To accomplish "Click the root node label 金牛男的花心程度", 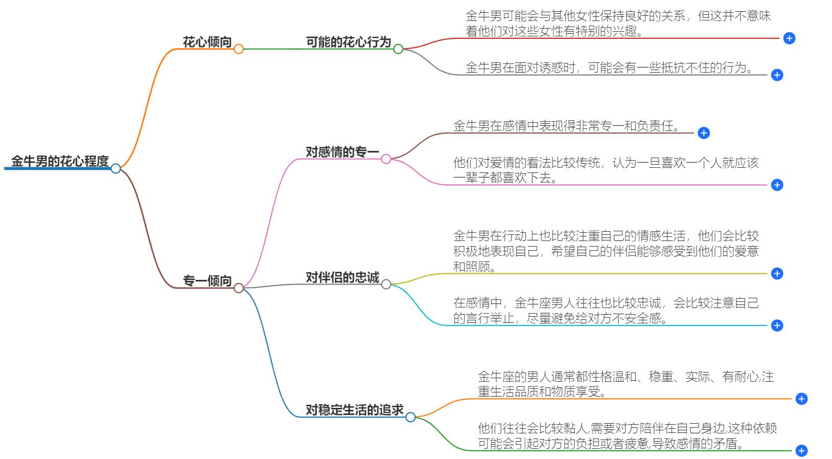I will coord(60,161).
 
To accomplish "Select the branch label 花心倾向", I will coord(207,42).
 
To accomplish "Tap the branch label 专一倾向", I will coord(207,281).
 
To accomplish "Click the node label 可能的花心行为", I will coord(348,42).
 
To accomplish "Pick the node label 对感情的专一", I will coord(342,152).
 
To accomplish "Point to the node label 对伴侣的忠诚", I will coord(342,277).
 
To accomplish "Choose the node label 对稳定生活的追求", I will coord(355,410).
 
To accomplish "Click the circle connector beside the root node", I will coord(116,168).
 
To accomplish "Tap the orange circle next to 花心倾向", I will coord(238,49).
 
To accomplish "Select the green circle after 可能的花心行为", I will coord(398,49).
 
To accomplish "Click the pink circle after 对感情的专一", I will coord(386,159).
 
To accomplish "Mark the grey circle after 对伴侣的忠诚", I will coord(386,285).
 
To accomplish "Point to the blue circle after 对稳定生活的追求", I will coord(410,417).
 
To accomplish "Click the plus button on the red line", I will coord(790,38).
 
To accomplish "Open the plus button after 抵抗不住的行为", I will coord(777,75).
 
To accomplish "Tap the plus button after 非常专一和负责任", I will coord(704,133).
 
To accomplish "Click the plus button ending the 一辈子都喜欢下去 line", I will coord(777,185).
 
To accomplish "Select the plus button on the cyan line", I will coord(777,325).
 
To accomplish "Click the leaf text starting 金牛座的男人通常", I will coord(625,384).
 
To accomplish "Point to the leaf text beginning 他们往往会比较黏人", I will coord(627,435).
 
